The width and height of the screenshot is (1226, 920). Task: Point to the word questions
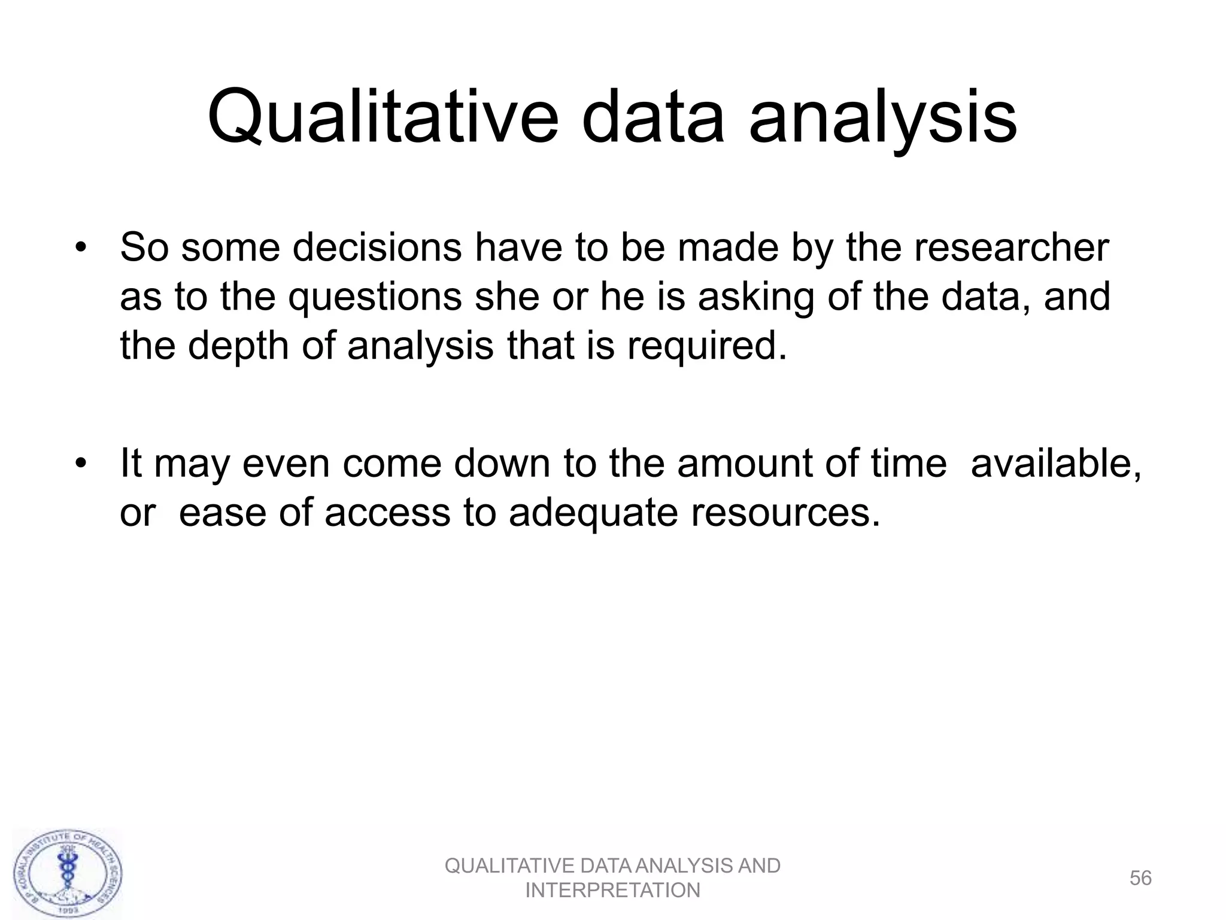pos(375,298)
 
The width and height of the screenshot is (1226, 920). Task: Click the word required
pos(706,346)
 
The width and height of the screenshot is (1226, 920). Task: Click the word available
pos(1056,464)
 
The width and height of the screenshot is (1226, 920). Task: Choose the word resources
pos(785,513)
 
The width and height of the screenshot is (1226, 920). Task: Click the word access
pos(387,513)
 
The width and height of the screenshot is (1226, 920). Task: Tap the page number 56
pos(1140,878)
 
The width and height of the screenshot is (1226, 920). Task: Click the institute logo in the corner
pos(68,873)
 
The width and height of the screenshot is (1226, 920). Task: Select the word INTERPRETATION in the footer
pos(612,891)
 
